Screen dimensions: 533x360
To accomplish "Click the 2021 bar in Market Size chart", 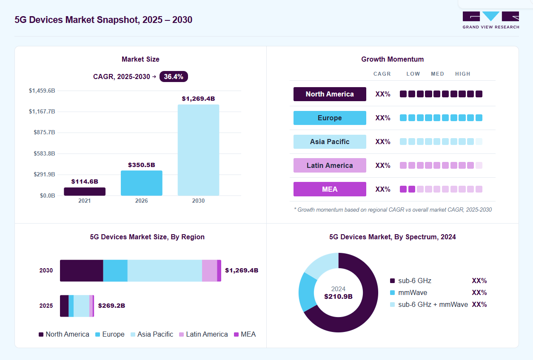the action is tap(85, 191).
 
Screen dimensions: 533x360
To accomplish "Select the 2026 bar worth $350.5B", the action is tap(142, 183).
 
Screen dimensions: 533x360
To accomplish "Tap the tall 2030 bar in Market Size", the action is tap(199, 150).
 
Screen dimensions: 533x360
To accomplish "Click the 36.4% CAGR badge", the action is tap(174, 77).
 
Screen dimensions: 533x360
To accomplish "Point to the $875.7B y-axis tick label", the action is tap(44, 132).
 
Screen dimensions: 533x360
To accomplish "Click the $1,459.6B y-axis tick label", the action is tap(42, 91).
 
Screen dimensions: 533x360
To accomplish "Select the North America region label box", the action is tap(330, 94).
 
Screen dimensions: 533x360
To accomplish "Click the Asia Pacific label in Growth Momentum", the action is tap(330, 142).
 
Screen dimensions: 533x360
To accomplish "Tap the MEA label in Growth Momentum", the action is tap(330, 189).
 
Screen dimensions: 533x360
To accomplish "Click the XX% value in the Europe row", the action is tap(382, 118).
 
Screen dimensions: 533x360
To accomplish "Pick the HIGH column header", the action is tap(462, 74).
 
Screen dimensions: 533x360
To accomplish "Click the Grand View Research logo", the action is tap(490, 20).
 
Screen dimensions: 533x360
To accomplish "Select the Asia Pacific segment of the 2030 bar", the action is tap(165, 271).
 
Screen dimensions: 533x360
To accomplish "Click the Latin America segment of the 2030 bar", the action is tap(209, 271).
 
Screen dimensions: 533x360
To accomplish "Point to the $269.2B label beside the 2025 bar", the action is tap(111, 306).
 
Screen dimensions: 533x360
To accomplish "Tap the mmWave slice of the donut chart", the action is tap(308, 291).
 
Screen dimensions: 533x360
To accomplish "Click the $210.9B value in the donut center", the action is tap(338, 297).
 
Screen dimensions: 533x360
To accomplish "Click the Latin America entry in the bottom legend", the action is tap(203, 334).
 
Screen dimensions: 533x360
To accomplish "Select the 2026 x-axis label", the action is tap(142, 201).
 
